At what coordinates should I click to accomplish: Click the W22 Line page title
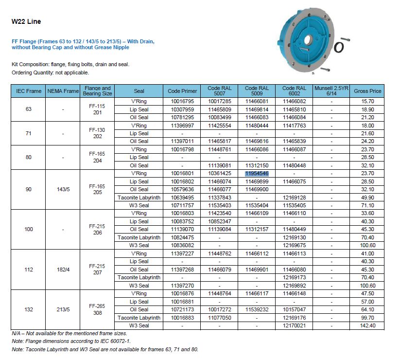coord(26,21)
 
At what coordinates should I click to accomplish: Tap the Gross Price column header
coord(367,91)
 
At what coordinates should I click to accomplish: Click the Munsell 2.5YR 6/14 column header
coord(331,91)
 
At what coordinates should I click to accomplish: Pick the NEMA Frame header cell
coord(63,91)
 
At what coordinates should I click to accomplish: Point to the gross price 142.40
coord(367,325)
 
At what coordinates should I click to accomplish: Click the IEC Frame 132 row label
coord(28,309)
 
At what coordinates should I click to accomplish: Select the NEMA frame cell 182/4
coord(63,269)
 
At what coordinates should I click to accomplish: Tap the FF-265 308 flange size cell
coord(98,309)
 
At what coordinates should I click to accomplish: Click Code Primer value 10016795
coord(182,101)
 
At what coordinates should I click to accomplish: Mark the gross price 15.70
coord(367,101)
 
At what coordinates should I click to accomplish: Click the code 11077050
coord(220,317)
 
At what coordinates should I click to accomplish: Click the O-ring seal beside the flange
coord(340,46)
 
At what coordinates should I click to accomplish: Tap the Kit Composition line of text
coord(70,64)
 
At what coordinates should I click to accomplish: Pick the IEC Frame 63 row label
coord(28,109)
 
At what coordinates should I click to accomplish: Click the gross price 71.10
coord(367,205)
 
